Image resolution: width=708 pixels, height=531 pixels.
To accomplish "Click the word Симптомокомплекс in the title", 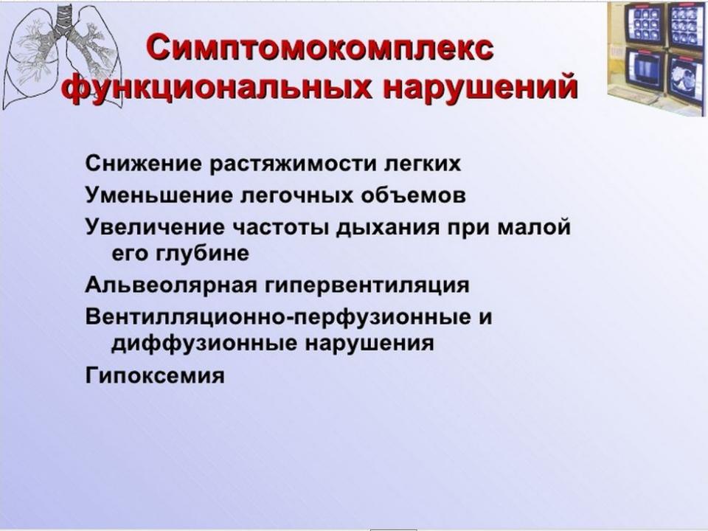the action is coord(319,49).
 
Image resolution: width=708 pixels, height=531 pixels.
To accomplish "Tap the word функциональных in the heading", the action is coord(218,86).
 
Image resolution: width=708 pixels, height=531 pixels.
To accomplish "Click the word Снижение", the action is coord(144,164).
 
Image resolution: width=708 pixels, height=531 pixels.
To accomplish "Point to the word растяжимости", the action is coord(293,164).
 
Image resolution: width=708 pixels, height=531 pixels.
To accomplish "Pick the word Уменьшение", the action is coord(159,195).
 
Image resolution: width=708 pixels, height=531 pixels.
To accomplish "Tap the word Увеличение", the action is coord(154,226).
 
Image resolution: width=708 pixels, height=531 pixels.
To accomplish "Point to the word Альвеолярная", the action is coord(171,285).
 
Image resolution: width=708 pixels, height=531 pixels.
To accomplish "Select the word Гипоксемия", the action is coord(155,375).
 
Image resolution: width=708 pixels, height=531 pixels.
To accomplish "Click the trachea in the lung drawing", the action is coord(64,21).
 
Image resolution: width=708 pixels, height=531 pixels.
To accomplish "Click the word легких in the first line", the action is coord(422,164).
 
